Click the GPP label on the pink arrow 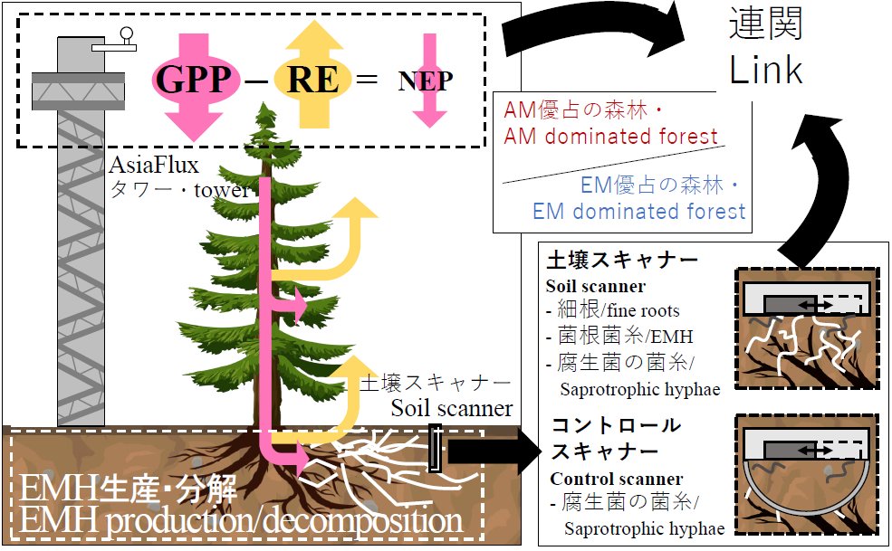coord(193,79)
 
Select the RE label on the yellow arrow coord(312,79)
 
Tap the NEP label coord(426,81)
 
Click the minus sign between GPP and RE coord(256,82)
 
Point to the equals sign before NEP coord(367,78)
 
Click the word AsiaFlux coord(154,165)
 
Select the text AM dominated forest coord(611,137)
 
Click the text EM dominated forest coord(638,212)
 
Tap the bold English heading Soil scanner coord(596,285)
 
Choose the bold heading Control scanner coord(617,479)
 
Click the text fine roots coord(643,310)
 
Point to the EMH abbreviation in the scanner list coord(672,337)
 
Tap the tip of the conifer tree coord(263,104)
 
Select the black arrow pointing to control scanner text coord(494,452)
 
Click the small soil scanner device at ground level coord(436,449)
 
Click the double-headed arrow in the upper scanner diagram coord(815,306)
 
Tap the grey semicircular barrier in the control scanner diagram coord(806,512)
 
